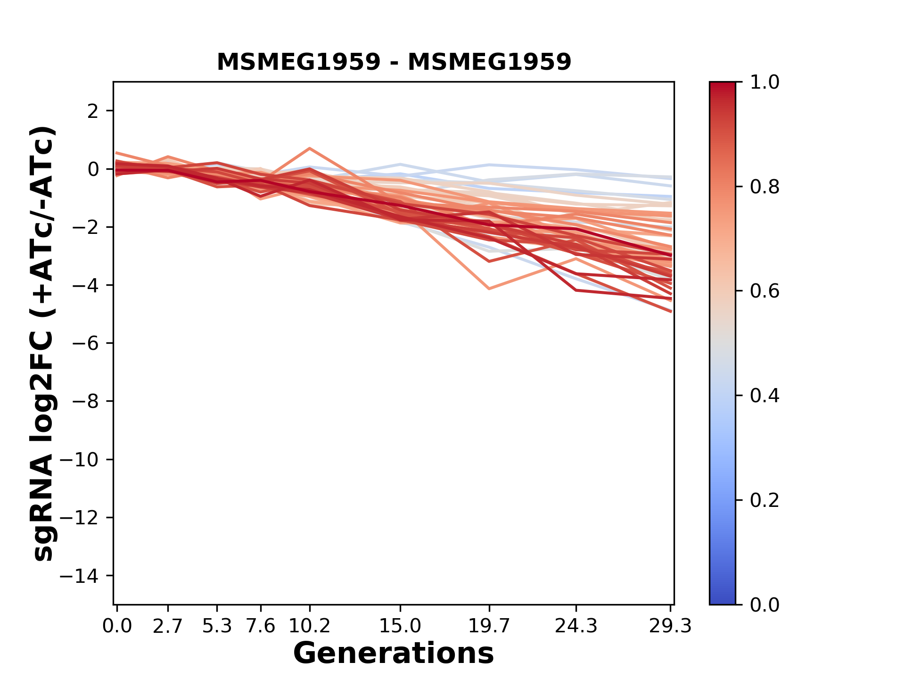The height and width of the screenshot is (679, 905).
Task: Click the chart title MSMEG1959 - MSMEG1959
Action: (x=394, y=62)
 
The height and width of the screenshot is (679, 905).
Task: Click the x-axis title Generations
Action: (x=394, y=654)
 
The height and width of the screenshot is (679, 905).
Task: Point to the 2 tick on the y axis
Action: (x=93, y=111)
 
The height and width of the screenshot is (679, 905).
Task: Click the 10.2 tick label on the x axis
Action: (x=309, y=626)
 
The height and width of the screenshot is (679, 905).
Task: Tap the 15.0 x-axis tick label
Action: (x=400, y=626)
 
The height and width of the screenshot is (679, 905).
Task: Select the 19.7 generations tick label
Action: (x=489, y=626)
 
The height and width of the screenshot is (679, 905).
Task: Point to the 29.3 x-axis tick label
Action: (x=670, y=626)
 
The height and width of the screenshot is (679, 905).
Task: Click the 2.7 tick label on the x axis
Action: (x=168, y=626)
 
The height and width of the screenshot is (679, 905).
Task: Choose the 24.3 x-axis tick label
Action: (x=576, y=626)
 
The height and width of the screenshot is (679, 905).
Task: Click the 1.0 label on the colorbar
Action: (x=765, y=83)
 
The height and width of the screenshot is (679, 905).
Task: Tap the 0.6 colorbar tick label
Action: (x=765, y=291)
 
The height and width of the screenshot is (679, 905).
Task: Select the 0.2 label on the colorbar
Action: (x=765, y=500)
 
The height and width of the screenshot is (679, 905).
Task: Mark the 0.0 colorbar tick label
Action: (x=765, y=604)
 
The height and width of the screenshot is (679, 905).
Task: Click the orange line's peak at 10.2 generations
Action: (x=310, y=149)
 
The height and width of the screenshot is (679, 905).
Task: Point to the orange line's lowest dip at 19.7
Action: (x=489, y=288)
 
